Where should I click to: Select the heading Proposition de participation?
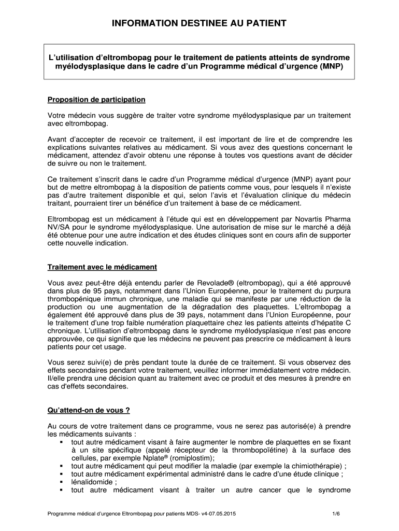click(x=96, y=100)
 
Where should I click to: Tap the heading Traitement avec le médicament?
click(x=102, y=267)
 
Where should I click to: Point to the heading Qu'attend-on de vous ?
click(x=88, y=410)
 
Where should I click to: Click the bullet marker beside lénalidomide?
click(x=62, y=482)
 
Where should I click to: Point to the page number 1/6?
click(x=336, y=514)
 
